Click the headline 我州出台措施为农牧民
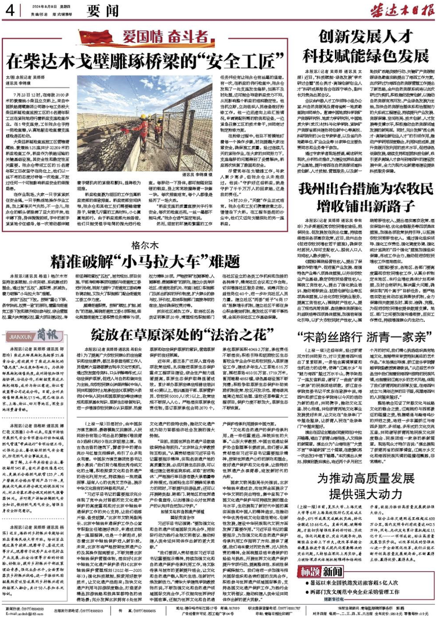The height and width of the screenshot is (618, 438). click(365, 189)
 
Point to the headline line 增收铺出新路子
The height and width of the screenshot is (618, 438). click(365, 206)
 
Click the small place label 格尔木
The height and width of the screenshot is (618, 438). click(145, 245)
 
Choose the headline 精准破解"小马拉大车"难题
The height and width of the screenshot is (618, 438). click(145, 262)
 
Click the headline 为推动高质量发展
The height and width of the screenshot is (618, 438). click(365, 478)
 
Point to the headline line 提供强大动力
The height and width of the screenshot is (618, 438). click(365, 494)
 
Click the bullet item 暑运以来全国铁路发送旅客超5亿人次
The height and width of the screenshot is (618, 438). click(354, 583)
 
